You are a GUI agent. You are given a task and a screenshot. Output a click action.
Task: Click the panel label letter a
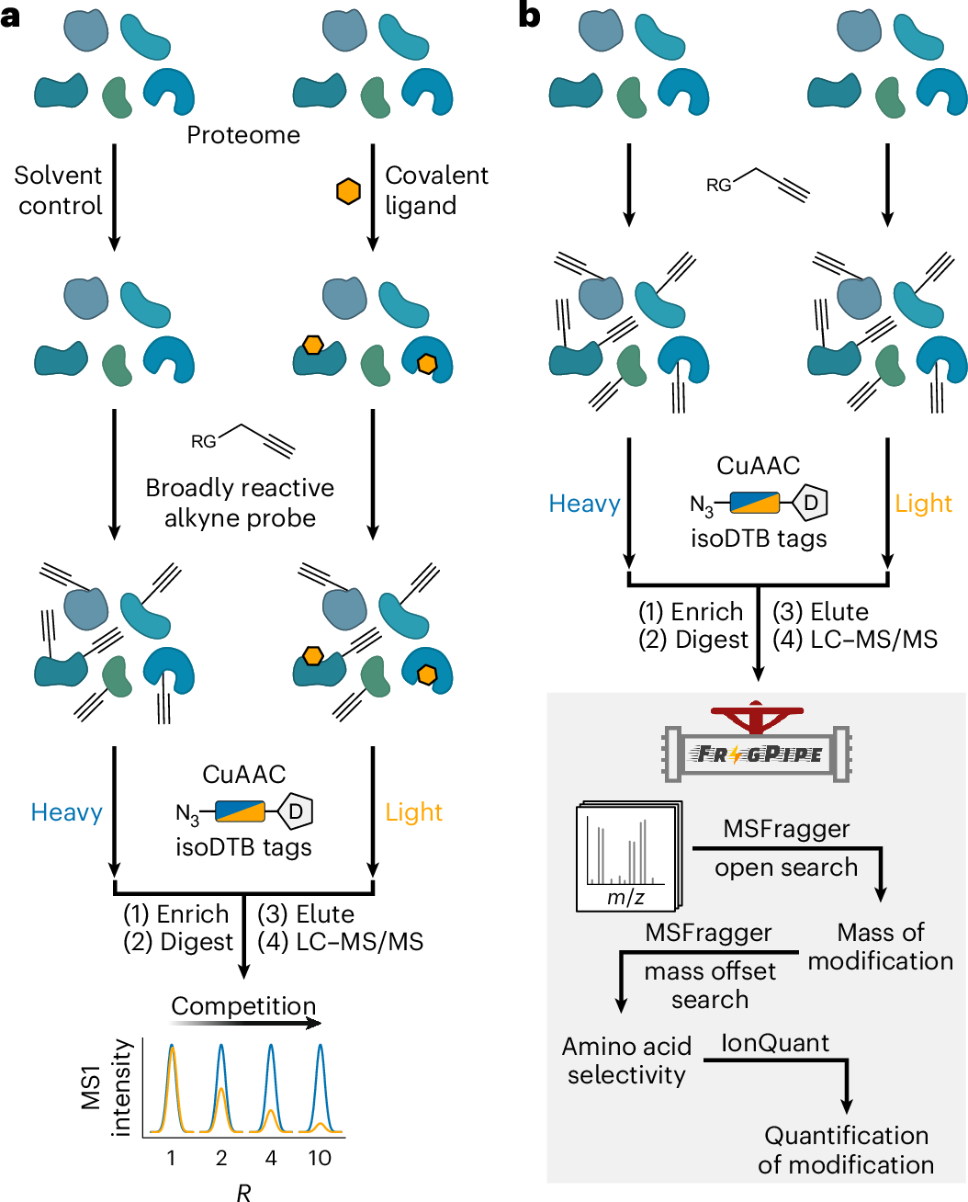pos(11,16)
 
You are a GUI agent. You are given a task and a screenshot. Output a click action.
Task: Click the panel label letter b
pos(529,16)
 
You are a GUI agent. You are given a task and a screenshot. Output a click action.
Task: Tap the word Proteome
pos(243,135)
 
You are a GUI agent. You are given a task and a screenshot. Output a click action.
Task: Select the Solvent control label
pos(59,190)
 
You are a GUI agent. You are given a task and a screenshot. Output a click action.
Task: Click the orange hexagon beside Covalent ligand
pos(348,191)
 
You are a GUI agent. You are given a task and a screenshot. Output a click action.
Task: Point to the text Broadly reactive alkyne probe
pos(240,503)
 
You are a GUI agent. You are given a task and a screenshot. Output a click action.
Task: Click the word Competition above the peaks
pos(243,1006)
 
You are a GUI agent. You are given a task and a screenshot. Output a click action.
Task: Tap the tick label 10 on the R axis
pos(320,1158)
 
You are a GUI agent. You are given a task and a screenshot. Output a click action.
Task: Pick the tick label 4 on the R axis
pos(271,1158)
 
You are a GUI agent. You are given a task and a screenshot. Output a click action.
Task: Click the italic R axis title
pos(243,1192)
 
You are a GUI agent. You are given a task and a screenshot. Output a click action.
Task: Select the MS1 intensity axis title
pos(106,1088)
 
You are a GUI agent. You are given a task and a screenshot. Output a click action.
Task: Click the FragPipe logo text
pos(759,754)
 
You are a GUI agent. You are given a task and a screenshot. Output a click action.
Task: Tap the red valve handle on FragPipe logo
pos(757,715)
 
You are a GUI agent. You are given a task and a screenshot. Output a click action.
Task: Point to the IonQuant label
pos(774,1043)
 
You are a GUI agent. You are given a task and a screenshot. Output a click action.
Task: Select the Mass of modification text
pos(880,947)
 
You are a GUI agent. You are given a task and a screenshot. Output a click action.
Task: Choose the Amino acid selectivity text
pos(626,1060)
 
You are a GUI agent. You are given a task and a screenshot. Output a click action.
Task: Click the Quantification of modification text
pos(846,1150)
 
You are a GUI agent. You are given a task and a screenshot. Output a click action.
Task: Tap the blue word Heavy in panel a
pos(66,812)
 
